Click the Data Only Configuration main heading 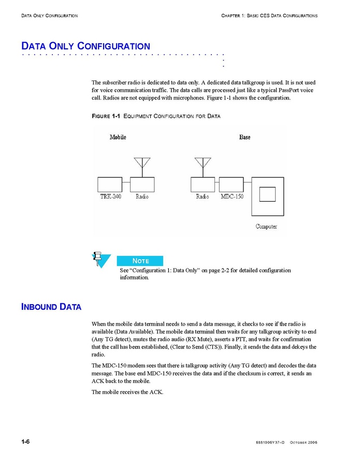coord(85,46)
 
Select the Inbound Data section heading coord(51,306)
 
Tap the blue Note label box coord(140,261)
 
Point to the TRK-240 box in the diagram coord(110,184)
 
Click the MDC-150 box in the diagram coord(231,184)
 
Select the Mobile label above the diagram coord(118,137)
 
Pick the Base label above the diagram coord(244,137)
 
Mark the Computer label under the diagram coord(266,227)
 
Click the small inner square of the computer coord(267,194)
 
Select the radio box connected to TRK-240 coord(142,184)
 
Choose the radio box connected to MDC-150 coord(203,184)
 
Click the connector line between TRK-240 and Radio coord(126,182)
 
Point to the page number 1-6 coord(25,442)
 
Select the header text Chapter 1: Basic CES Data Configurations coord(269,16)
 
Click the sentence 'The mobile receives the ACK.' coord(127,392)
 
